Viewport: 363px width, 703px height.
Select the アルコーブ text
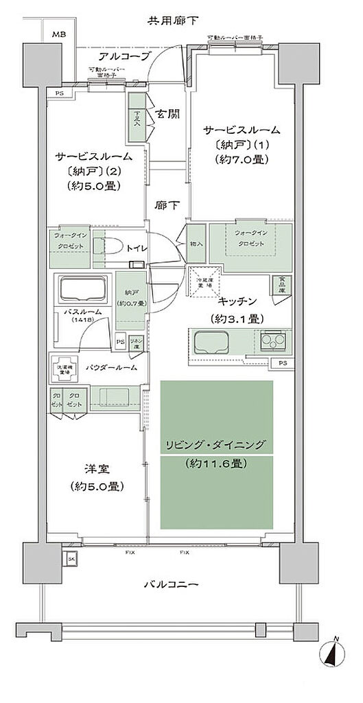(124, 56)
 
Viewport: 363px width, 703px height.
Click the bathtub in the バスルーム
(82, 290)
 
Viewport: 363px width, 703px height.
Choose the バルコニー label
(171, 584)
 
